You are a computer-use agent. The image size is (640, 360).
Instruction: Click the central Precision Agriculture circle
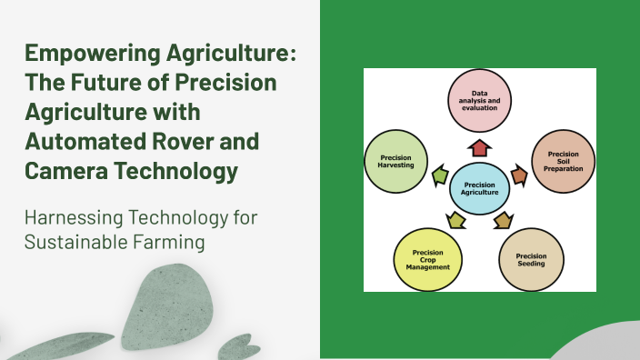click(x=480, y=187)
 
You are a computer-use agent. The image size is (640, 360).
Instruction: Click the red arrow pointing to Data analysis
click(x=479, y=148)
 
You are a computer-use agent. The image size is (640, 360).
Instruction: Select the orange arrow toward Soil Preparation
click(x=519, y=175)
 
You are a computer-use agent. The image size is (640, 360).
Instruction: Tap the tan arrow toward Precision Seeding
click(x=503, y=219)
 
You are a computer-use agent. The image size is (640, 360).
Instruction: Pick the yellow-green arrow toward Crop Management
click(x=456, y=219)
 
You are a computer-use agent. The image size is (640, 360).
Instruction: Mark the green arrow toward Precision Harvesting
click(x=440, y=175)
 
